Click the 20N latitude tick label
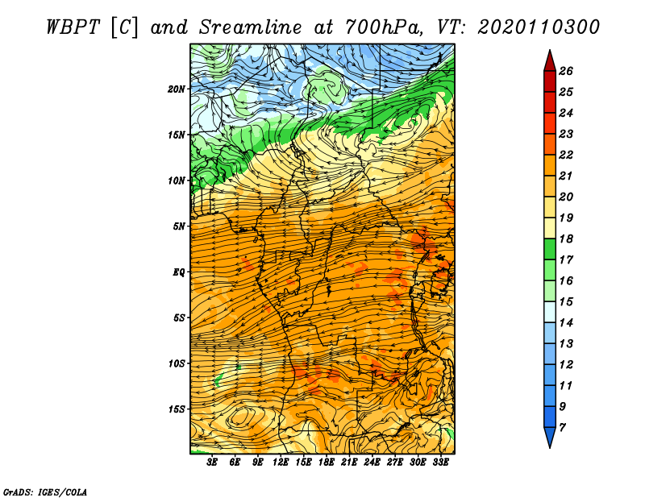pyautogui.click(x=177, y=89)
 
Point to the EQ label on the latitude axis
pyautogui.click(x=179, y=272)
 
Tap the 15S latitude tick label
pyautogui.click(x=177, y=409)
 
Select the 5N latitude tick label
pyautogui.click(x=179, y=226)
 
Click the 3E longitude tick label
pyautogui.click(x=212, y=463)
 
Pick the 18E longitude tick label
pyautogui.click(x=327, y=463)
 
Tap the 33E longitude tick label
pyautogui.click(x=440, y=463)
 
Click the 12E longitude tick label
pyautogui.click(x=280, y=463)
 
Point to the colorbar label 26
pyautogui.click(x=566, y=71)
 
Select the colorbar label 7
pyautogui.click(x=562, y=428)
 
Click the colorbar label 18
pyautogui.click(x=566, y=239)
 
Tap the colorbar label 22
pyautogui.click(x=566, y=155)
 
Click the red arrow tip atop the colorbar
pyautogui.click(x=550, y=50)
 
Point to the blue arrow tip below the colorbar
pyautogui.click(x=550, y=447)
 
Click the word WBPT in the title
pyautogui.click(x=73, y=27)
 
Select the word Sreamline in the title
pyautogui.click(x=250, y=27)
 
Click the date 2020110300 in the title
pyautogui.click(x=539, y=27)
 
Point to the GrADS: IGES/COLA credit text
pyautogui.click(x=45, y=492)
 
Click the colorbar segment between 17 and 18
pyautogui.click(x=550, y=249)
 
